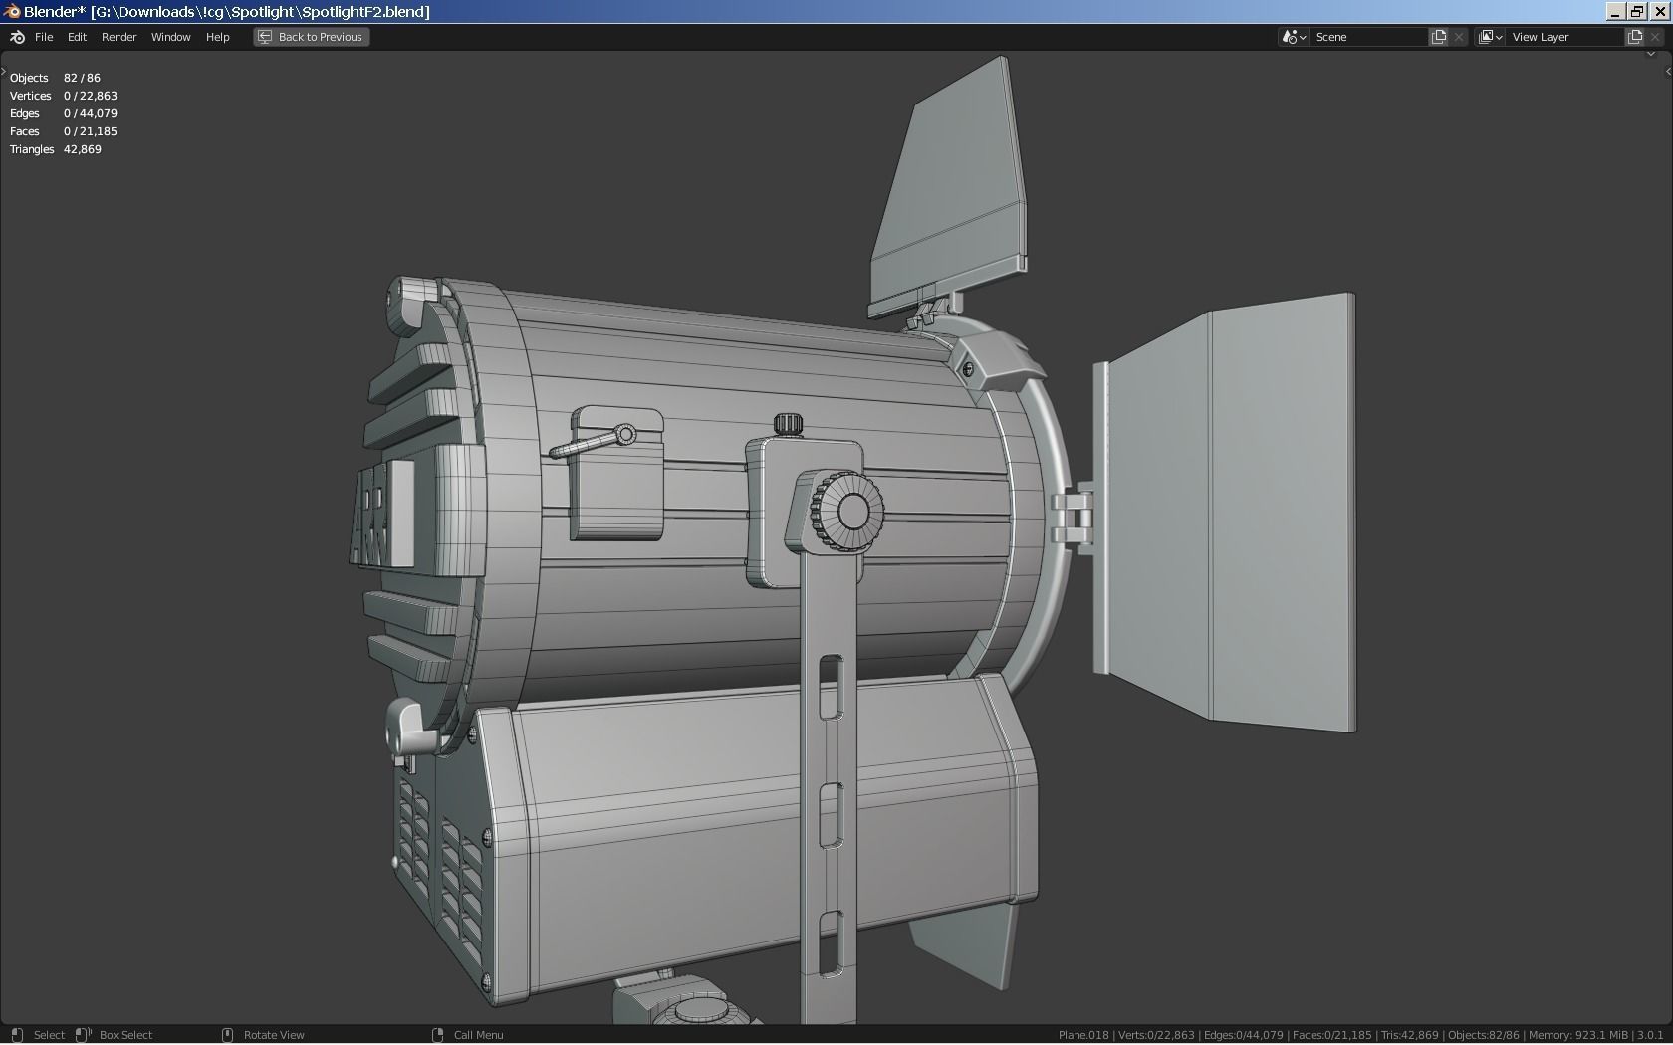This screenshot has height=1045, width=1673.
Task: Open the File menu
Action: (44, 37)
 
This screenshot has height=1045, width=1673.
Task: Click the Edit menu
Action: (77, 37)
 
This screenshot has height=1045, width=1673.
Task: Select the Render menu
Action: (119, 37)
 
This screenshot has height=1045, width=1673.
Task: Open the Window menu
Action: (170, 37)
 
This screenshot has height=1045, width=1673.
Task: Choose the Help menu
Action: (217, 37)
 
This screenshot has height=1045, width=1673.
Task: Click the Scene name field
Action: (1368, 37)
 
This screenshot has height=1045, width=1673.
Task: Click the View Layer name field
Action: (1564, 37)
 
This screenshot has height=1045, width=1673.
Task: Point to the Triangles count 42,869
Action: (82, 149)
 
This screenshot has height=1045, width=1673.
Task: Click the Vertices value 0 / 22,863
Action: (90, 96)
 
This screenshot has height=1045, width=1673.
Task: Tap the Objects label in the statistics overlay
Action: (29, 78)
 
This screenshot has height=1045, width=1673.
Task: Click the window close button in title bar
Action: (1660, 11)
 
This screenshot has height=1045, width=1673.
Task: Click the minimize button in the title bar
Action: (1615, 11)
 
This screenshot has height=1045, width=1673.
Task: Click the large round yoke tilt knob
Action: (849, 510)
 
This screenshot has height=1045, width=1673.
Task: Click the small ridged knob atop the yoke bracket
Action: (788, 424)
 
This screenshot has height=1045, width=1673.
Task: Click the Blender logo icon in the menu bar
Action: (17, 37)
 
